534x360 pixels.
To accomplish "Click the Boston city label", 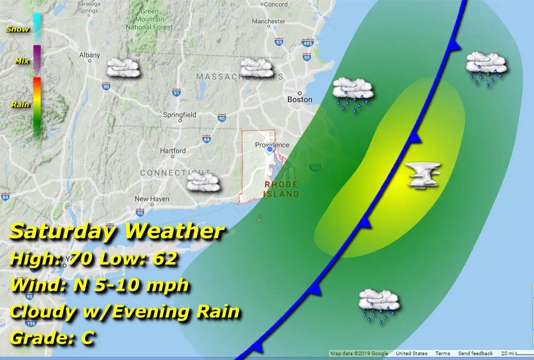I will (x=299, y=99).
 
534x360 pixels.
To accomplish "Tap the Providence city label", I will (x=272, y=145).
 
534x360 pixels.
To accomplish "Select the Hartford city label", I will (x=173, y=151).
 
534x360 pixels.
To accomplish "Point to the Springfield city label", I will (x=180, y=115).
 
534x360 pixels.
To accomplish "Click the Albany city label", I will (x=89, y=55).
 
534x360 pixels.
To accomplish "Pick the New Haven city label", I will (x=152, y=199).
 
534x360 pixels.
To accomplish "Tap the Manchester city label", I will (x=268, y=22).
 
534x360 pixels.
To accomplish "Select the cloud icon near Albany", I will (x=124, y=68).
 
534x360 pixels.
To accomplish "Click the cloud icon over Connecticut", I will (x=203, y=182).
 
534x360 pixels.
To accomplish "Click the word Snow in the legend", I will (x=17, y=29).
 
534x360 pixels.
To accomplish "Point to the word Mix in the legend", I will (x=22, y=61).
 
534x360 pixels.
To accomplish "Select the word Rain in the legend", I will (x=20, y=105).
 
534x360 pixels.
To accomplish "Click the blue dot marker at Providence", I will (x=270, y=150).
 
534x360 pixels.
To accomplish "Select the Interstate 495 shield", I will (x=308, y=43).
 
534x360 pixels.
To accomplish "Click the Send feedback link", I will (x=475, y=354).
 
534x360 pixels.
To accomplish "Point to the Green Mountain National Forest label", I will (x=150, y=19).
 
